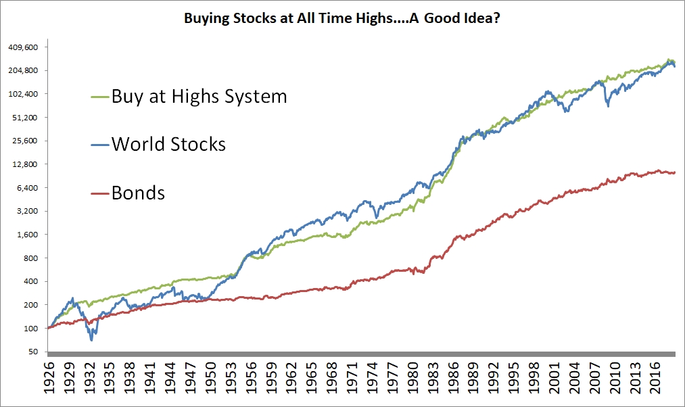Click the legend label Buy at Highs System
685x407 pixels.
point(199,96)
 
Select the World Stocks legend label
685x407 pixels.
point(168,144)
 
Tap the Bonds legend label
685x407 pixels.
point(138,192)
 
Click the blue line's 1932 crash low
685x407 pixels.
point(91,339)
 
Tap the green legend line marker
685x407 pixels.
point(99,96)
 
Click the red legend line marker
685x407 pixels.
point(99,192)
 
